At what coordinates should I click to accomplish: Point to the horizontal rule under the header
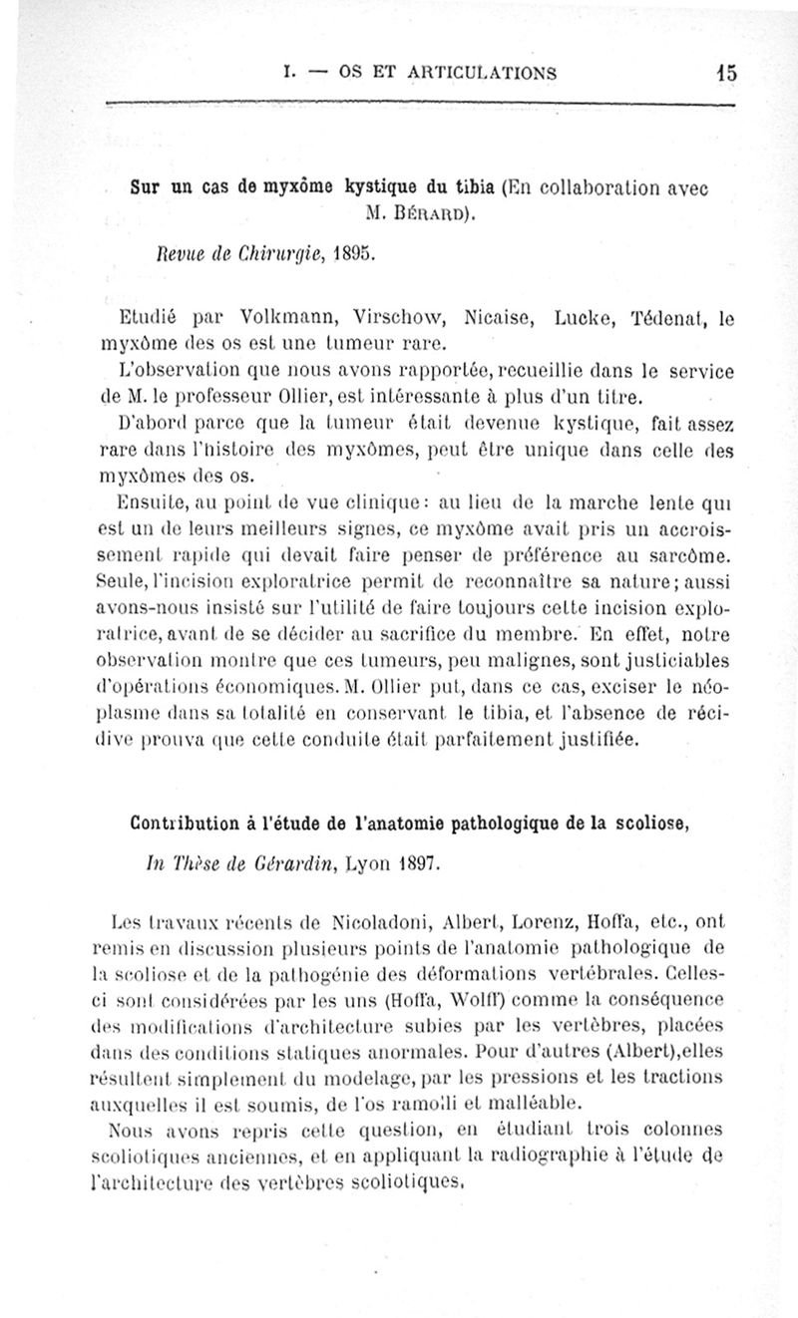click(419, 104)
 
